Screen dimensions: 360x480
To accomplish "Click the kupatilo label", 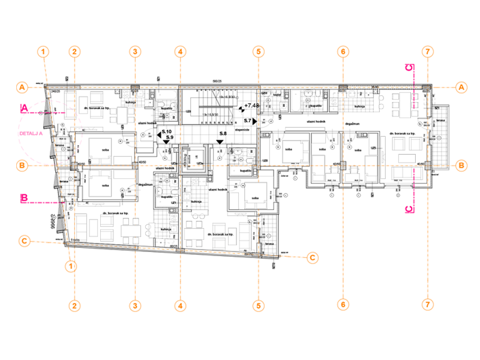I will (x=245, y=172).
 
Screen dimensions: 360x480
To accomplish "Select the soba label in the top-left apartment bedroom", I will (x=105, y=150).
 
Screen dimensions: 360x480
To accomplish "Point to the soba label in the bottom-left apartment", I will (x=105, y=185).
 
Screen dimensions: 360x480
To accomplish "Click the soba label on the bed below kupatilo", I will (x=255, y=197).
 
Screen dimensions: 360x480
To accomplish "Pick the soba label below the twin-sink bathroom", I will (x=289, y=149).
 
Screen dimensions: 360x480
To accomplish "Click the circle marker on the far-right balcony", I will (x=439, y=139).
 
